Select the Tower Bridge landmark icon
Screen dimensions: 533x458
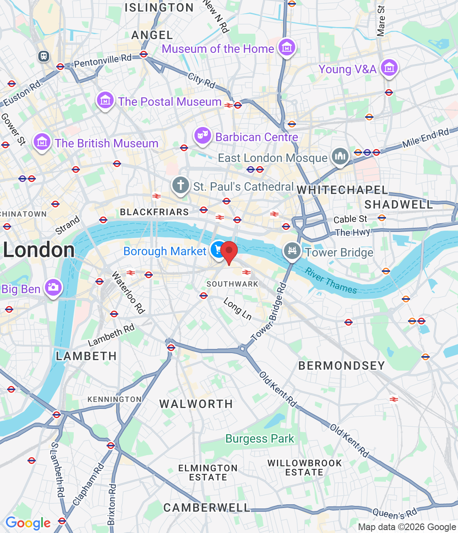292,251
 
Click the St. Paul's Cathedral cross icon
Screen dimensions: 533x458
180,185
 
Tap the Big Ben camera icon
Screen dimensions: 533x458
53,287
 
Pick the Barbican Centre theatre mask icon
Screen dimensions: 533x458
202,135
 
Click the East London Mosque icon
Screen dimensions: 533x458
340,157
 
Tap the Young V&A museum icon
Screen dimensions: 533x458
389,67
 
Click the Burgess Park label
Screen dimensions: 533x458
260,439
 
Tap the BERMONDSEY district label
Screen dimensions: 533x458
341,366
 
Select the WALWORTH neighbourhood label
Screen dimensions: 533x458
196,404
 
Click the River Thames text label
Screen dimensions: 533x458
331,281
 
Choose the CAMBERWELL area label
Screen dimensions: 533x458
207,508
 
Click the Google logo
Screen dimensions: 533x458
28,523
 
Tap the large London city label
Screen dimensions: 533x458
39,250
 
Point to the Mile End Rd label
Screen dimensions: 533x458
425,138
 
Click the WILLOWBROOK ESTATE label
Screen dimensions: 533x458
304,468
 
